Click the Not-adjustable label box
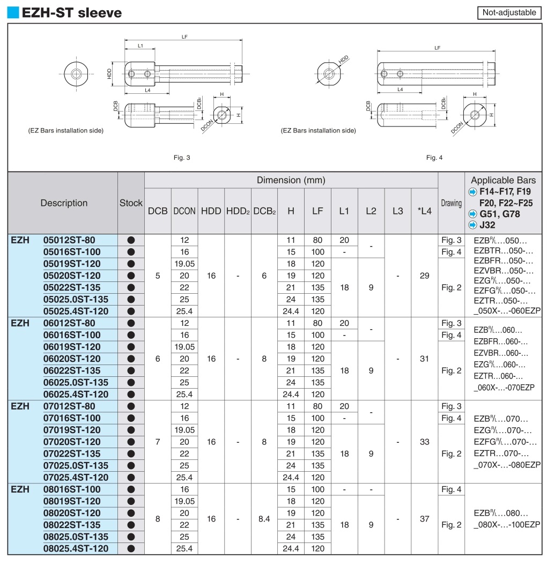pos(509,12)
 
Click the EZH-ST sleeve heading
pos(71,12)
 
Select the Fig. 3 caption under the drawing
pos(182,158)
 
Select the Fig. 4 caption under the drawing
pos(434,158)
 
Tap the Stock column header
pos(131,203)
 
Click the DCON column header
pos(184,211)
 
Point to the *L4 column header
pos(424,211)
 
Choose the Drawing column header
pos(451,203)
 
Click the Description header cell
pos(64,203)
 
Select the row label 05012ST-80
pos(69,240)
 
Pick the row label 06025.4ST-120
pos(76,394)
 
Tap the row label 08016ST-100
pos(71,489)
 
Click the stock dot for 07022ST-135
pos(131,454)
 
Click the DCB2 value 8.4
pos(264,519)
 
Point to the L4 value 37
pos(424,519)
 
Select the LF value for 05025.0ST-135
pos(317,299)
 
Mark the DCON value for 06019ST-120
pos(184,347)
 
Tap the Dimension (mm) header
pos(291,180)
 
